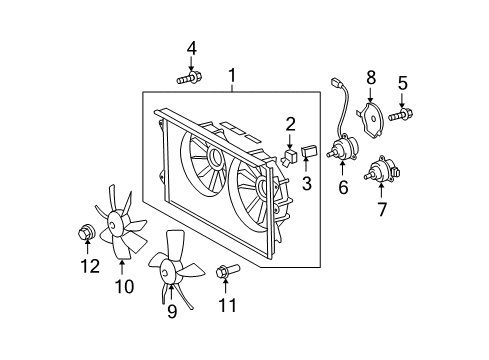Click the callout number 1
(x=232, y=75)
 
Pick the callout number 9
(x=171, y=311)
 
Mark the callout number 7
(x=381, y=211)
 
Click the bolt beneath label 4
(x=189, y=76)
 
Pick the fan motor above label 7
(x=382, y=172)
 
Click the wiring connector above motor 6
(x=334, y=84)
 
